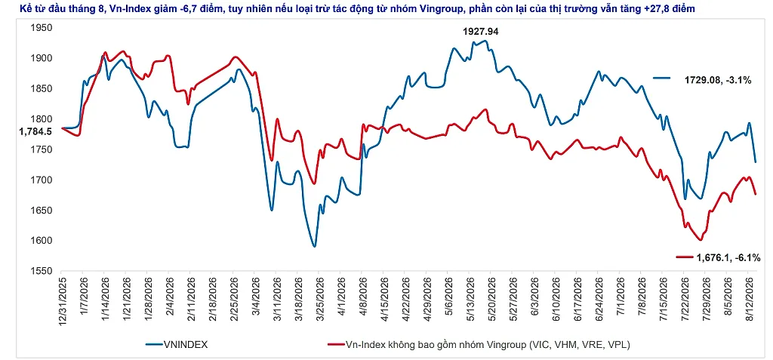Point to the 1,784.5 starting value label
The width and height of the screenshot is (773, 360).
click(35, 131)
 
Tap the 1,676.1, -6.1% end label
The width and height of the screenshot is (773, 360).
click(728, 257)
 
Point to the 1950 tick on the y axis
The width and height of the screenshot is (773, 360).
click(42, 28)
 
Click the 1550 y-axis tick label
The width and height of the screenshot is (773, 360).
click(42, 271)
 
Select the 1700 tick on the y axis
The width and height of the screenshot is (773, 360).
click(42, 180)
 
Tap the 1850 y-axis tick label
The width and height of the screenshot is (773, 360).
click(42, 89)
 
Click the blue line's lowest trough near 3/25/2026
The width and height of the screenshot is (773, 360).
click(315, 246)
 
